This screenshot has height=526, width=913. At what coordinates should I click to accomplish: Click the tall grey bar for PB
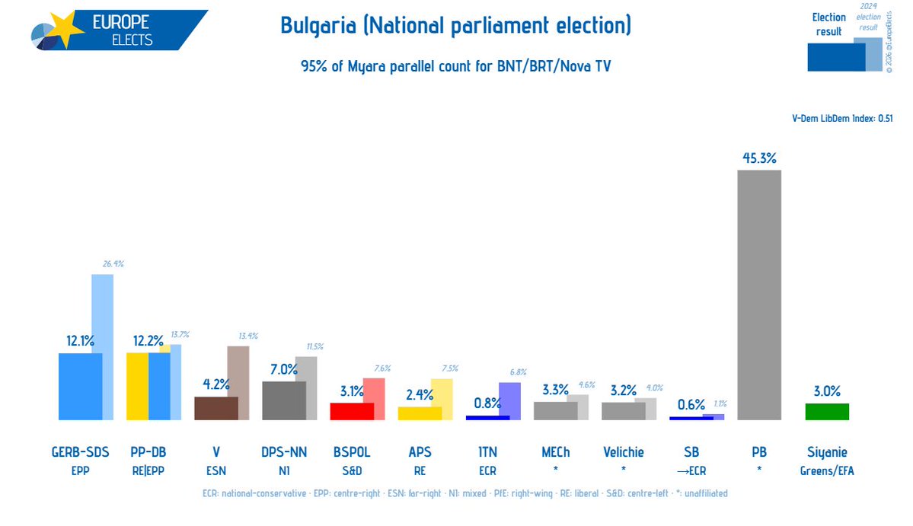click(758, 295)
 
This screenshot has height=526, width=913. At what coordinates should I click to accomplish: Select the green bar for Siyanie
click(827, 412)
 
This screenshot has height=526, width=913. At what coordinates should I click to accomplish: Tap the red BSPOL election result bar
click(351, 411)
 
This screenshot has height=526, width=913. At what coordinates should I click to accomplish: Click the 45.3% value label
click(758, 158)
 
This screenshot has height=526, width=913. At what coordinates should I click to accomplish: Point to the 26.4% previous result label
click(112, 264)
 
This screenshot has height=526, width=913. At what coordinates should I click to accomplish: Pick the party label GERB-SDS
click(80, 452)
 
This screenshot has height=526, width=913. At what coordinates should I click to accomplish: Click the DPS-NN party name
click(283, 452)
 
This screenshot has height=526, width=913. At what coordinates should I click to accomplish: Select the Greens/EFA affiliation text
click(827, 471)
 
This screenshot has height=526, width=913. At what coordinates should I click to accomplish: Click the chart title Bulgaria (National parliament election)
click(455, 26)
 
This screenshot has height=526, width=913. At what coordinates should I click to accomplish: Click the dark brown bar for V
click(216, 408)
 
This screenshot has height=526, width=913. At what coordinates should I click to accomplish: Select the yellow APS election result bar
click(420, 413)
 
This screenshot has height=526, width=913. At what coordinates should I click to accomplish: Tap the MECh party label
click(555, 452)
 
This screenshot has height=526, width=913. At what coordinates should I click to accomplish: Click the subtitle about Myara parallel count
click(455, 66)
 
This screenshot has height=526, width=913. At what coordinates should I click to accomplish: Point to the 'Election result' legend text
click(828, 24)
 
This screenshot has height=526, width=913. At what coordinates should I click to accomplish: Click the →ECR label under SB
click(691, 471)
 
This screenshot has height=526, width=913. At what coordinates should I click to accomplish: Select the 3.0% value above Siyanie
click(827, 391)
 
